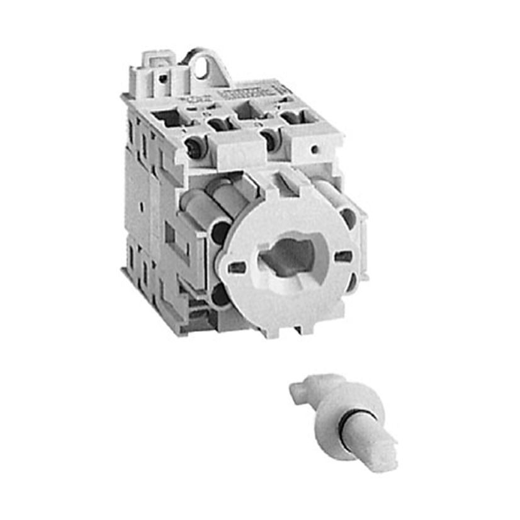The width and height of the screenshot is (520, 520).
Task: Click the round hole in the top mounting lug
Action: pyautogui.click(x=202, y=68)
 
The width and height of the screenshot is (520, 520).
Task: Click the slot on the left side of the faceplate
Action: pyautogui.click(x=237, y=267)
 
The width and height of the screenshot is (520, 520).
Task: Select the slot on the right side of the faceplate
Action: pyautogui.click(x=343, y=256)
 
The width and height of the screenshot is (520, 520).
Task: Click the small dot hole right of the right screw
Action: pyautogui.click(x=313, y=150)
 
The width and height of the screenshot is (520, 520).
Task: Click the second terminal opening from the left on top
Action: pyautogui.click(x=218, y=123)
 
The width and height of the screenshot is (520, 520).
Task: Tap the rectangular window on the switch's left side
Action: pyautogui.click(x=169, y=235)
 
